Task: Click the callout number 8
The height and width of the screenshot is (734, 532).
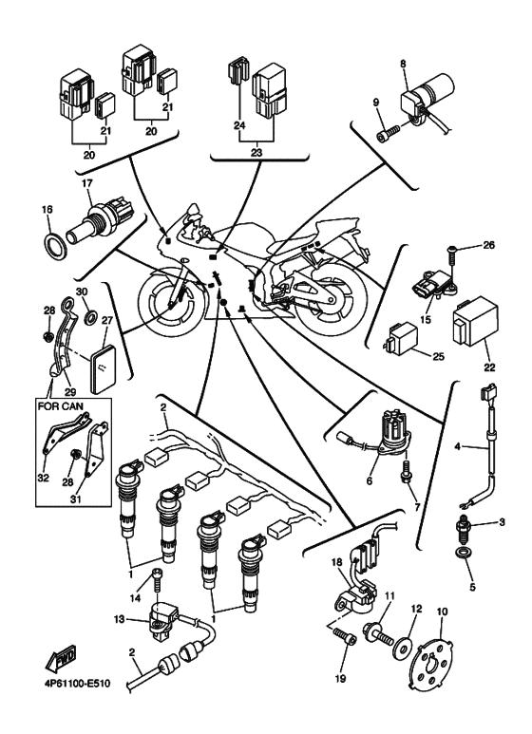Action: tap(403, 64)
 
